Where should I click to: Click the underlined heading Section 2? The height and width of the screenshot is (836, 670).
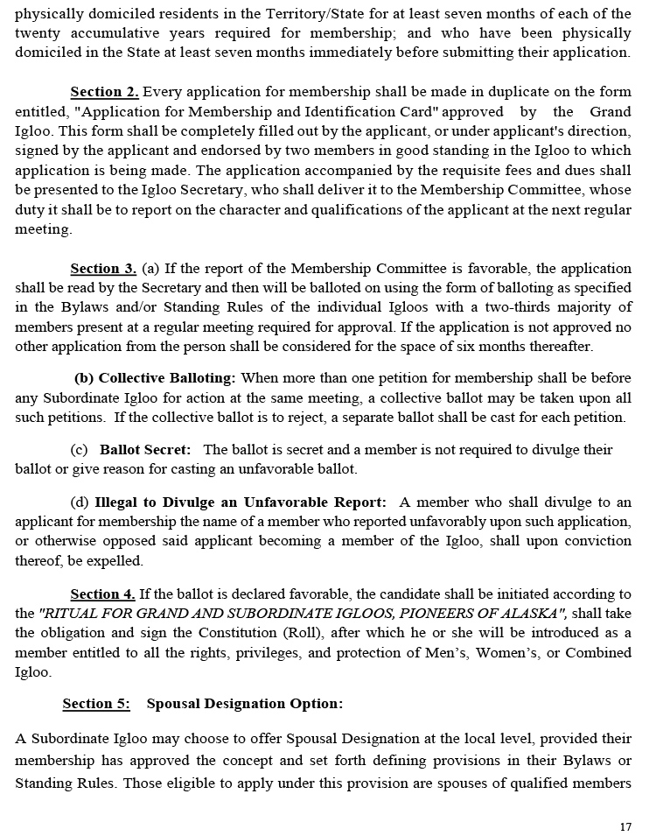pos(104,92)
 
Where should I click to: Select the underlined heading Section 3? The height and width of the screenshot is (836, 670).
pos(103,269)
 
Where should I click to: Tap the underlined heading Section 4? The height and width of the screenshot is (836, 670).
pos(102,594)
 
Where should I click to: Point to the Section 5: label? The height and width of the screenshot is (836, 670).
pos(96,704)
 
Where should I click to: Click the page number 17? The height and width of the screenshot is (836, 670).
pos(625,826)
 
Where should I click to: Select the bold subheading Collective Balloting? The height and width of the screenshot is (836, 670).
pos(155,378)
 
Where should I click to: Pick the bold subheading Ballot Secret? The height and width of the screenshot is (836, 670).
pos(144,449)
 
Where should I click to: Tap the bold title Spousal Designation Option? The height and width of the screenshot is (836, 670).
pos(245,704)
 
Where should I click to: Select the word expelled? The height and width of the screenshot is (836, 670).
pos(116,560)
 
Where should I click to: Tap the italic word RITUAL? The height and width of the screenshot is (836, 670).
pos(71,614)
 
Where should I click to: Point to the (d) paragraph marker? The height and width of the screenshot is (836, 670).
pos(79,502)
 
